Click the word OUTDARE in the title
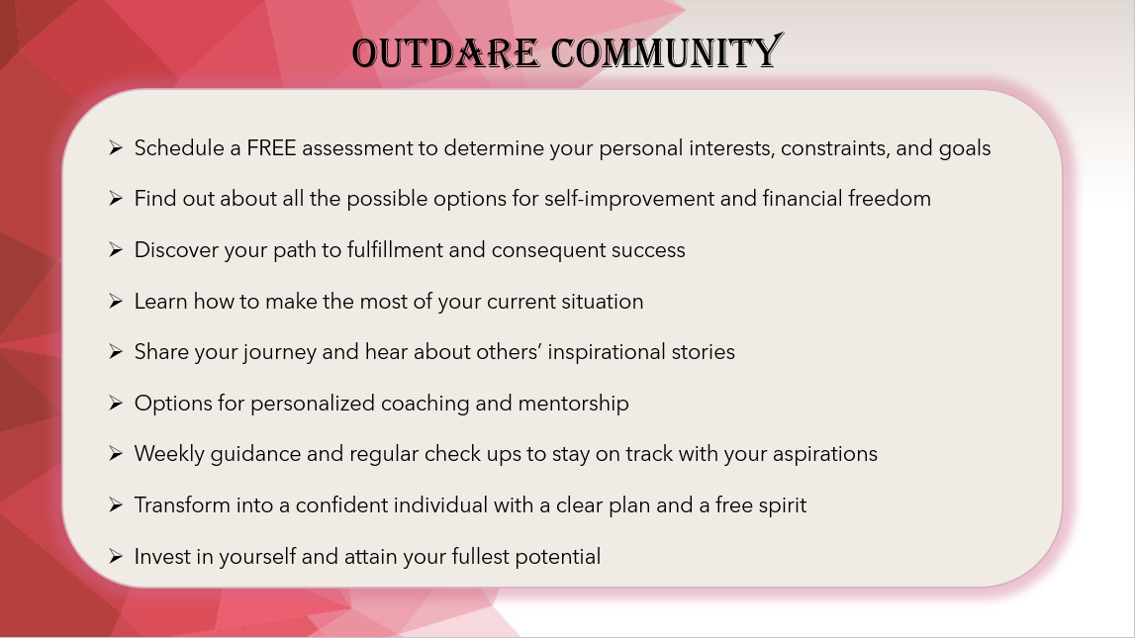pyautogui.click(x=445, y=53)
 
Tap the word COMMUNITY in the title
pyautogui.click(x=667, y=52)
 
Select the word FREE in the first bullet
pyautogui.click(x=271, y=148)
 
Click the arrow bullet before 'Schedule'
pyautogui.click(x=116, y=147)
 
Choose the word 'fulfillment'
pyautogui.click(x=395, y=249)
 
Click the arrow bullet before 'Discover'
pyautogui.click(x=116, y=249)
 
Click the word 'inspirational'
pyautogui.click(x=607, y=352)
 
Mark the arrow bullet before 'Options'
pyautogui.click(x=116, y=403)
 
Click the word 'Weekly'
pyautogui.click(x=169, y=454)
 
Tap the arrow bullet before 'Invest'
pyautogui.click(x=116, y=556)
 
